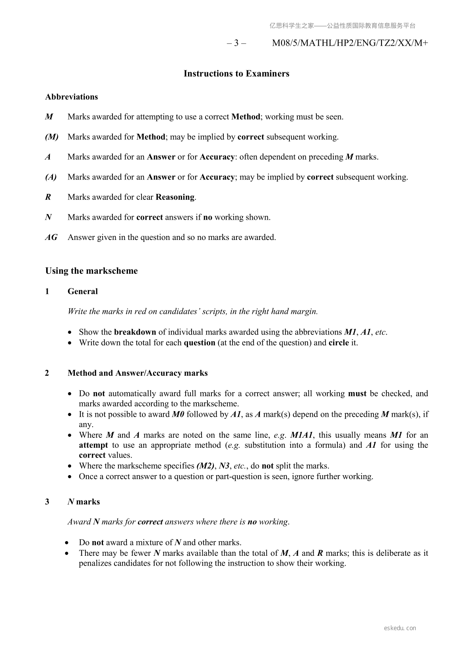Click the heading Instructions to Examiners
click(236, 73)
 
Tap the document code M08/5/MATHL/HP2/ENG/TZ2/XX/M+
click(350, 43)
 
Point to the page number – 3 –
click(236, 43)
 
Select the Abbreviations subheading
click(72, 97)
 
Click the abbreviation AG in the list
click(51, 237)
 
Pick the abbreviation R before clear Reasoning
click(48, 197)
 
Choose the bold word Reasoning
click(175, 197)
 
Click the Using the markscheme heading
click(91, 271)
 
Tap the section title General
click(83, 291)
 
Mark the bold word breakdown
click(135, 332)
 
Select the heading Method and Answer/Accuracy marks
click(138, 373)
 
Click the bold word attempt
click(93, 445)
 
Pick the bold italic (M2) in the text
click(205, 466)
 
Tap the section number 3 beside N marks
click(47, 502)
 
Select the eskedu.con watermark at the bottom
click(400, 628)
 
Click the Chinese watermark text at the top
click(342, 26)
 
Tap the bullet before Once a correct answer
click(70, 476)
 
